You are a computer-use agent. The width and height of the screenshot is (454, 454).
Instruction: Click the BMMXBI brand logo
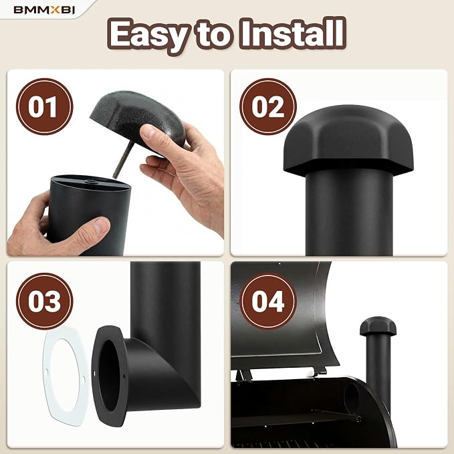(44, 10)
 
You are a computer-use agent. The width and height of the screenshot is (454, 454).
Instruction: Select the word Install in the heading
(293, 32)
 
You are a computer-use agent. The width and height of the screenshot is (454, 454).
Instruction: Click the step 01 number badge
(44, 106)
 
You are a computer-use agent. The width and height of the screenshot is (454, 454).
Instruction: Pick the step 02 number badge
(268, 106)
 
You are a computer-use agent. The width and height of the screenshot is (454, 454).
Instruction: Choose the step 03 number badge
(44, 301)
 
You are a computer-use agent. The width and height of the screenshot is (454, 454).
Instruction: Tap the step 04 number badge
(268, 301)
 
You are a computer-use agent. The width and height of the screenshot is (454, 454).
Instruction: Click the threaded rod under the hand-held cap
(123, 158)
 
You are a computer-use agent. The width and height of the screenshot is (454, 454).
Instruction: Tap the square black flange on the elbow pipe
(109, 376)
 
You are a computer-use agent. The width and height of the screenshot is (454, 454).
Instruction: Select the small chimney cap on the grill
(378, 326)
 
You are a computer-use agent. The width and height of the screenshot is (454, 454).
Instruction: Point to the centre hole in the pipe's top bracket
(92, 182)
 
